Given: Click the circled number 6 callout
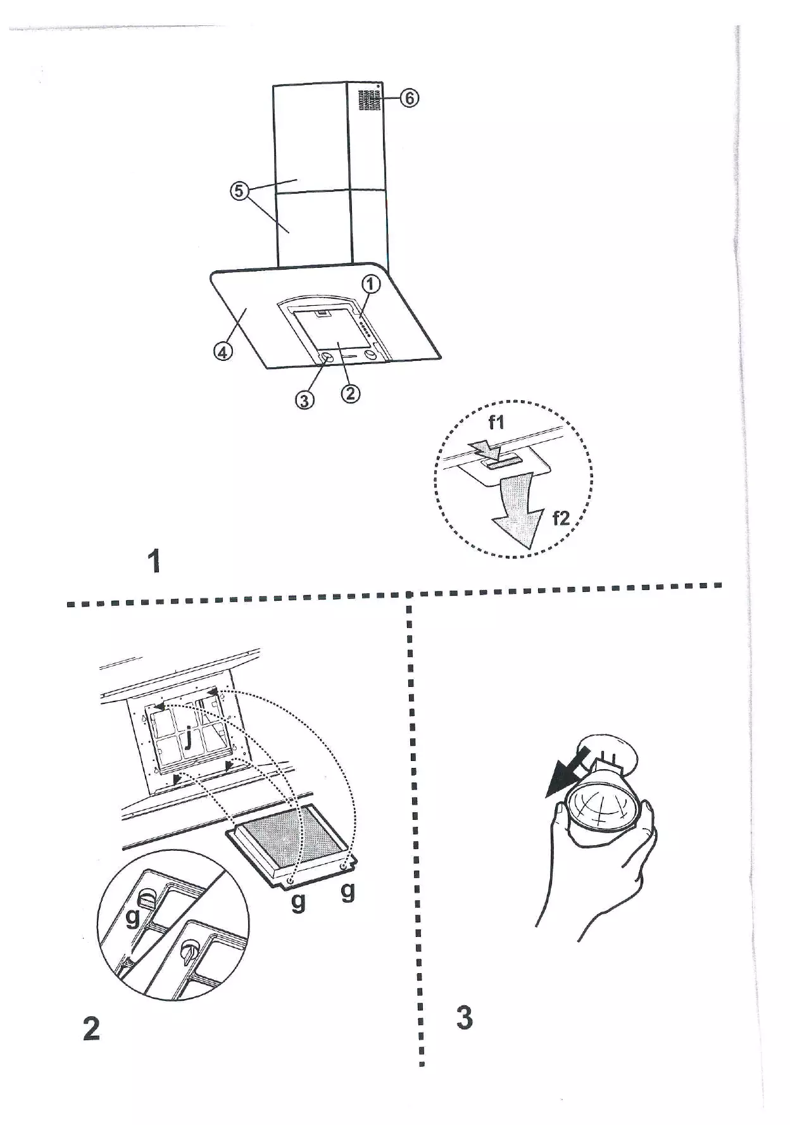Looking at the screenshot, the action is [x=410, y=98].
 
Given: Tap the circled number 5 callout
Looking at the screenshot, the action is [x=239, y=190].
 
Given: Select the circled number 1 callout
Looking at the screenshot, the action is [x=371, y=284].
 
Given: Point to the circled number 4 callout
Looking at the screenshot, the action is [x=222, y=351].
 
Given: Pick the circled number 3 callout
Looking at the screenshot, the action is [x=304, y=400].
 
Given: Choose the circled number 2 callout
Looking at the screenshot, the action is [x=350, y=393].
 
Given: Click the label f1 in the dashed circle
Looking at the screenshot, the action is [x=496, y=422].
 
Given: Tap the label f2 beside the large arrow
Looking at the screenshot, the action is [x=561, y=519].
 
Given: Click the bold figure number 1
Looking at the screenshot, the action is [x=154, y=561].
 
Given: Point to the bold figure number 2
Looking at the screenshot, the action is [x=91, y=1029].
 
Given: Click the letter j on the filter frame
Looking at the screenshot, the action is [x=188, y=736].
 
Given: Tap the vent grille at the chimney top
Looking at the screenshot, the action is [x=366, y=100].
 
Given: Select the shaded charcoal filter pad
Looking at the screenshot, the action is [x=289, y=836].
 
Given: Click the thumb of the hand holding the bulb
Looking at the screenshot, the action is [x=560, y=821].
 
